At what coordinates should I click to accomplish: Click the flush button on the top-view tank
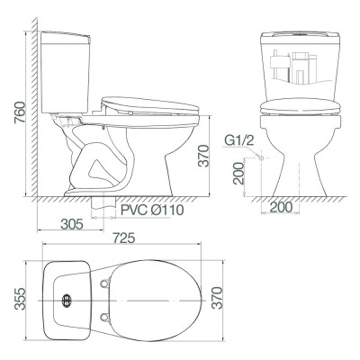click(66, 299)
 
